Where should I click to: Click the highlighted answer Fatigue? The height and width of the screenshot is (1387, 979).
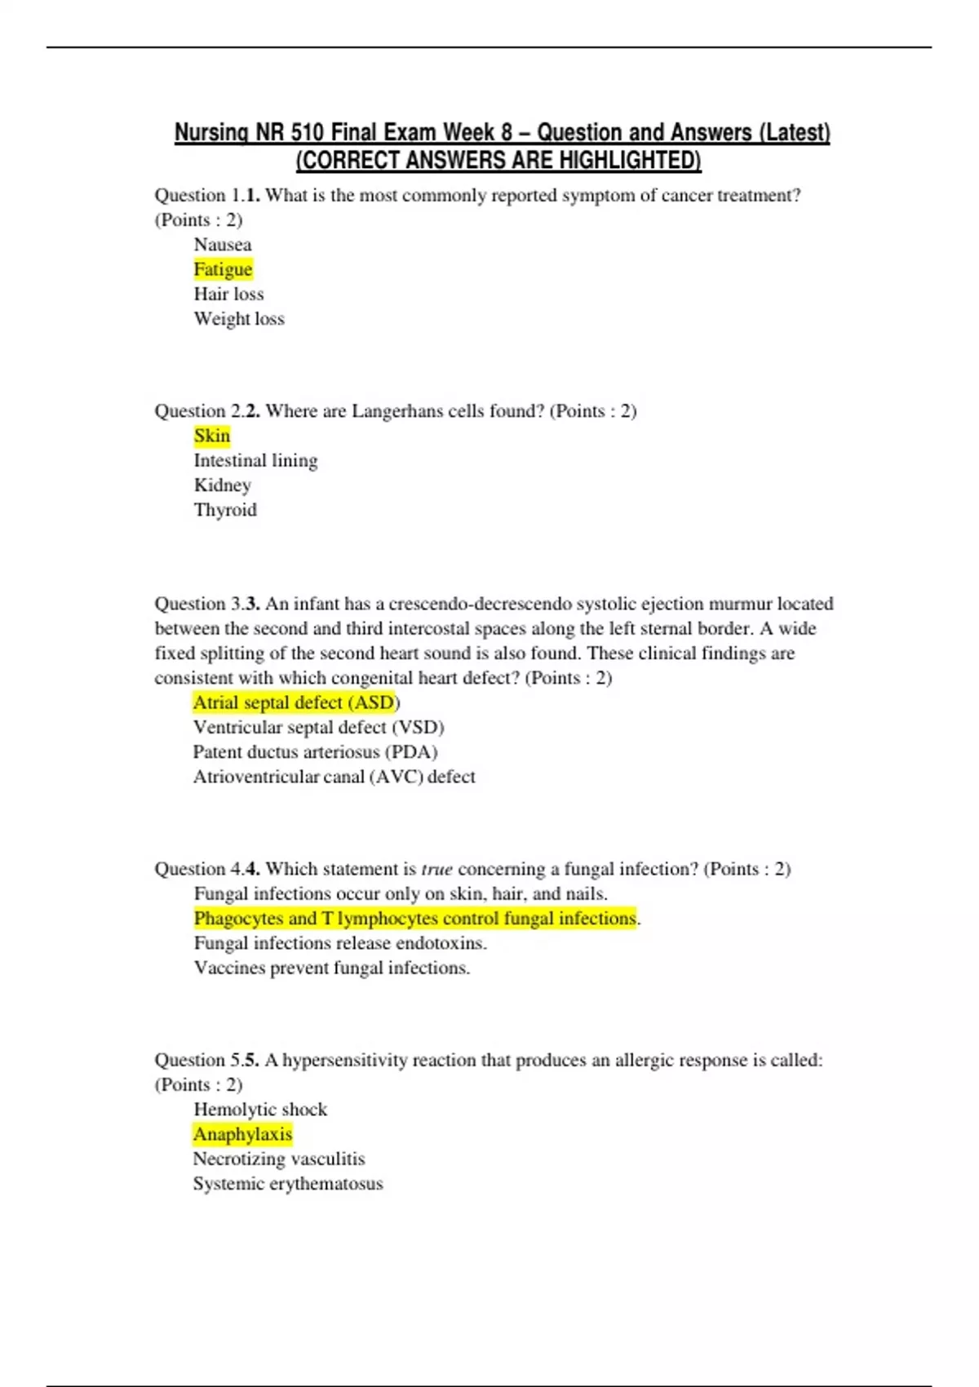(223, 269)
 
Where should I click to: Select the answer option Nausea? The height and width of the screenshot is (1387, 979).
(223, 245)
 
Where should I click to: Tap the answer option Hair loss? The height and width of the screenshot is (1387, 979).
(228, 294)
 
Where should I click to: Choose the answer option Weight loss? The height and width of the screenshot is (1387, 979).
(239, 319)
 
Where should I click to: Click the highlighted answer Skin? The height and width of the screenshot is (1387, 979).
(212, 436)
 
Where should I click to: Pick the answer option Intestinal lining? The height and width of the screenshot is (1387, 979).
(255, 461)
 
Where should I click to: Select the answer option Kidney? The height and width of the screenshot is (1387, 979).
(222, 485)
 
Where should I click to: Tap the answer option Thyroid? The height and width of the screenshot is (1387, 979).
(225, 510)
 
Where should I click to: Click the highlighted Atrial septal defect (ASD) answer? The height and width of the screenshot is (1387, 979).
(295, 702)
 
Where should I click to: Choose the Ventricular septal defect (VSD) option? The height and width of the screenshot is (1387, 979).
(318, 727)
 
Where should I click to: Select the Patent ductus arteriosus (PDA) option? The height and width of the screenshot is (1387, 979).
(315, 752)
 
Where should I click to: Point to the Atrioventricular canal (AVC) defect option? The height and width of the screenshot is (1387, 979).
(334, 777)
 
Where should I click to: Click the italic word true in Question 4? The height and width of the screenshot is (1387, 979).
(436, 870)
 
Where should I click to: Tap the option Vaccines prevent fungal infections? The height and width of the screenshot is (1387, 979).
(331, 968)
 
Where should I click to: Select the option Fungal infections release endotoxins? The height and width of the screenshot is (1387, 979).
(340, 943)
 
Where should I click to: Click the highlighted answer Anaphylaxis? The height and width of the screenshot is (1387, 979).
(242, 1134)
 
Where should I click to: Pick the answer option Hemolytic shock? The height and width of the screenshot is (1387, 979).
(260, 1110)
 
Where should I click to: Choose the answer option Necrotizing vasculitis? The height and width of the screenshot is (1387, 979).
(279, 1159)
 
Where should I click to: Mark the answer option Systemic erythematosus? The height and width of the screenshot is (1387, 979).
(288, 1184)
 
